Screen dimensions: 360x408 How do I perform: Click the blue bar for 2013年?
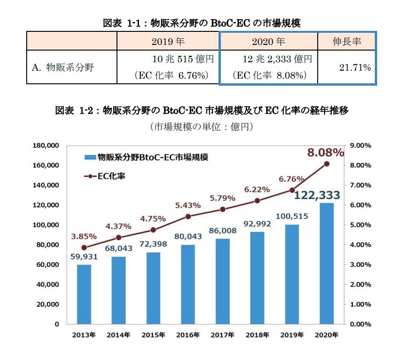pyautogui.click(x=84, y=294)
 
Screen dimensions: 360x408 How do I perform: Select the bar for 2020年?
pyautogui.click(x=327, y=263)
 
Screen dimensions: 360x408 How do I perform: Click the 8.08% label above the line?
pyautogui.click(x=326, y=153)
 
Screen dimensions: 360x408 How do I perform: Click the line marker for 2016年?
pyautogui.click(x=188, y=216)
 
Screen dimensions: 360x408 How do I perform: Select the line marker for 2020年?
pyautogui.click(x=327, y=164)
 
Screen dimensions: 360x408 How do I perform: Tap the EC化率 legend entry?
pyautogui.click(x=105, y=176)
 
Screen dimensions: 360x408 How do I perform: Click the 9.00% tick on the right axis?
pyautogui.click(x=360, y=146)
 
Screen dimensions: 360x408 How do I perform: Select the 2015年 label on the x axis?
pyautogui.click(x=153, y=335)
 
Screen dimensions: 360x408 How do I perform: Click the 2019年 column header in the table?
pyautogui.click(x=168, y=42)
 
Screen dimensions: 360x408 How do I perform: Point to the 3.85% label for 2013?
pyautogui.click(x=84, y=236)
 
